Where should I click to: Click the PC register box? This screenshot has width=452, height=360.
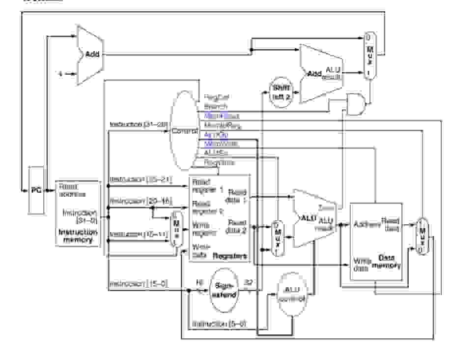point(36,190)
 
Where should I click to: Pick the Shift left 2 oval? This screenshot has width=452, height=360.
point(282,91)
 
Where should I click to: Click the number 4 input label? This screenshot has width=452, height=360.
point(60,74)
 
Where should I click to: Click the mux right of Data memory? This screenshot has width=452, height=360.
point(422,235)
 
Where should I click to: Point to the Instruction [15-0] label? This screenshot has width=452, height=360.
point(139,284)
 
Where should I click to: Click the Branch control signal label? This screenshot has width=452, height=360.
point(216,107)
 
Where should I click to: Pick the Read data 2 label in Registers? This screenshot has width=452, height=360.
point(237,227)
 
